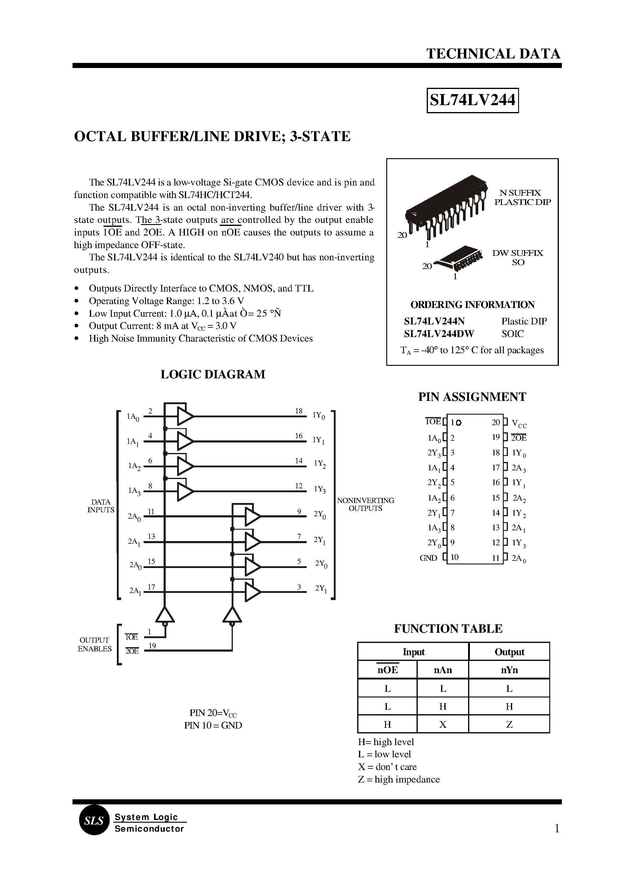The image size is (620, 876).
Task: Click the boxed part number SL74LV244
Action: pyautogui.click(x=472, y=100)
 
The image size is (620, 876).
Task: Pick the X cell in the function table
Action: pyautogui.click(x=443, y=724)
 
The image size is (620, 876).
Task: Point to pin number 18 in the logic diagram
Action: pyautogui.click(x=298, y=411)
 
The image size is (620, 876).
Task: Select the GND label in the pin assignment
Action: pyautogui.click(x=428, y=558)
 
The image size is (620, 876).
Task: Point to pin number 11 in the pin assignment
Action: pyautogui.click(x=496, y=558)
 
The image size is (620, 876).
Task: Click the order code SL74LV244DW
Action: pyautogui.click(x=439, y=334)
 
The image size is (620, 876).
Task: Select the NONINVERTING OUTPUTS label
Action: pyautogui.click(x=365, y=504)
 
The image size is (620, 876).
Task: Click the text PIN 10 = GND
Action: pyautogui.click(x=213, y=725)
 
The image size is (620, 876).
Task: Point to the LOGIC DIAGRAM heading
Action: pyautogui.click(x=213, y=374)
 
